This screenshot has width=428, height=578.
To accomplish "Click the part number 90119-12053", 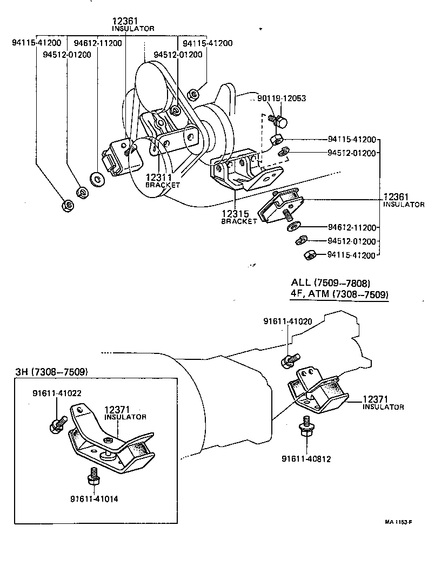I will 281,98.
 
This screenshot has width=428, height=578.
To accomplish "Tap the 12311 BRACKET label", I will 163,180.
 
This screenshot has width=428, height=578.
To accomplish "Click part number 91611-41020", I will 287,321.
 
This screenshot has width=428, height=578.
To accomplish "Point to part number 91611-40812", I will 306,459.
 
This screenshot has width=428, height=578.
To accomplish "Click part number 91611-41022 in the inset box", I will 57,393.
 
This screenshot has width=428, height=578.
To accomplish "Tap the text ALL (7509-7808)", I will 330,283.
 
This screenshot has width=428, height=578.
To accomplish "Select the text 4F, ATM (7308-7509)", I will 339,294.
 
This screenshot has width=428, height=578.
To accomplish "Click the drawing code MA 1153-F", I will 399,522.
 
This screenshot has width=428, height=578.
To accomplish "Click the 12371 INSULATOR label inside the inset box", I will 125,413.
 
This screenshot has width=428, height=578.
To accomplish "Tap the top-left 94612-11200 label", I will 98,43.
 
